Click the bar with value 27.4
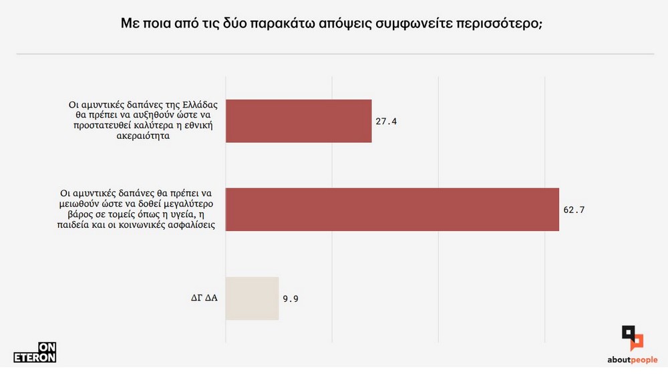(x=299, y=121)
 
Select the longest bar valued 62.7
(x=392, y=210)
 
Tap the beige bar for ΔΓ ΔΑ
(x=252, y=298)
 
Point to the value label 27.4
(x=386, y=122)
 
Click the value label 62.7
(x=574, y=210)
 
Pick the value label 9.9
(x=291, y=299)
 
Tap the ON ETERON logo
(x=35, y=352)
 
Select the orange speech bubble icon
(x=636, y=341)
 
